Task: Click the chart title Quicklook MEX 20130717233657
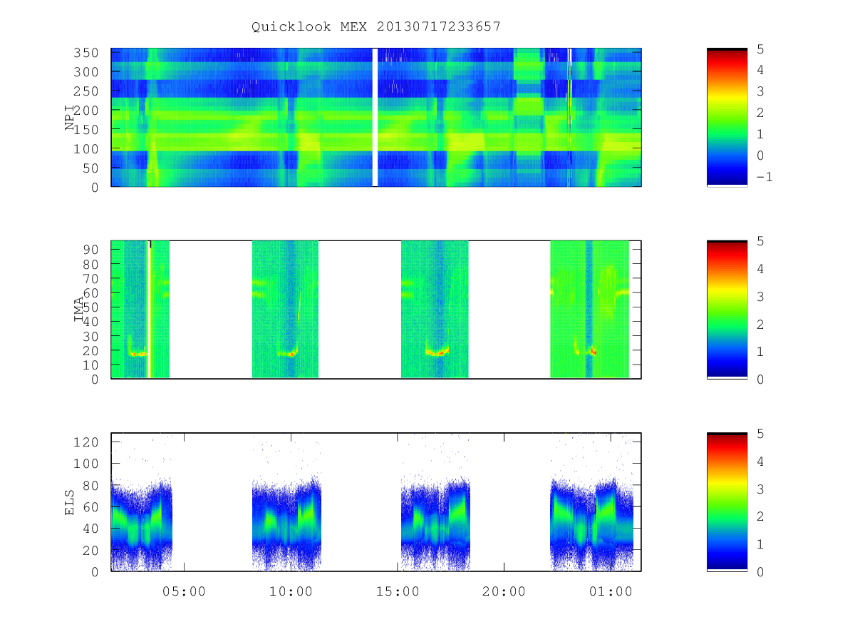(x=376, y=26)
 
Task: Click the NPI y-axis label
(x=69, y=117)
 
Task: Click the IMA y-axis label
(x=78, y=309)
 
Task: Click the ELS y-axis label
(x=69, y=502)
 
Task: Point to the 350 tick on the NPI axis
(x=85, y=53)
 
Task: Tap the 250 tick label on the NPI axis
(x=85, y=91)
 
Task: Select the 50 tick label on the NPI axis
(x=90, y=168)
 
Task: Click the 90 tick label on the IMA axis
(x=90, y=250)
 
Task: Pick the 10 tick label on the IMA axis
(x=90, y=365)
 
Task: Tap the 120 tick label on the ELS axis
(x=85, y=442)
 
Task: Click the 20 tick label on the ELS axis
(x=90, y=551)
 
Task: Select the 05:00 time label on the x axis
(x=184, y=591)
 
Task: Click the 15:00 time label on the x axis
(x=398, y=591)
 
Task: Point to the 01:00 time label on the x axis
(x=611, y=591)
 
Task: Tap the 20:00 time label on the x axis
(x=504, y=591)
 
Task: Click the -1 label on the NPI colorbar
(x=765, y=177)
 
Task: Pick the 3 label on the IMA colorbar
(x=760, y=297)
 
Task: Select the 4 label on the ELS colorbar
(x=760, y=462)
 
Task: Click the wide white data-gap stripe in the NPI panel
(x=375, y=117)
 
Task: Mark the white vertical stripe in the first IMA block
(x=148, y=309)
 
